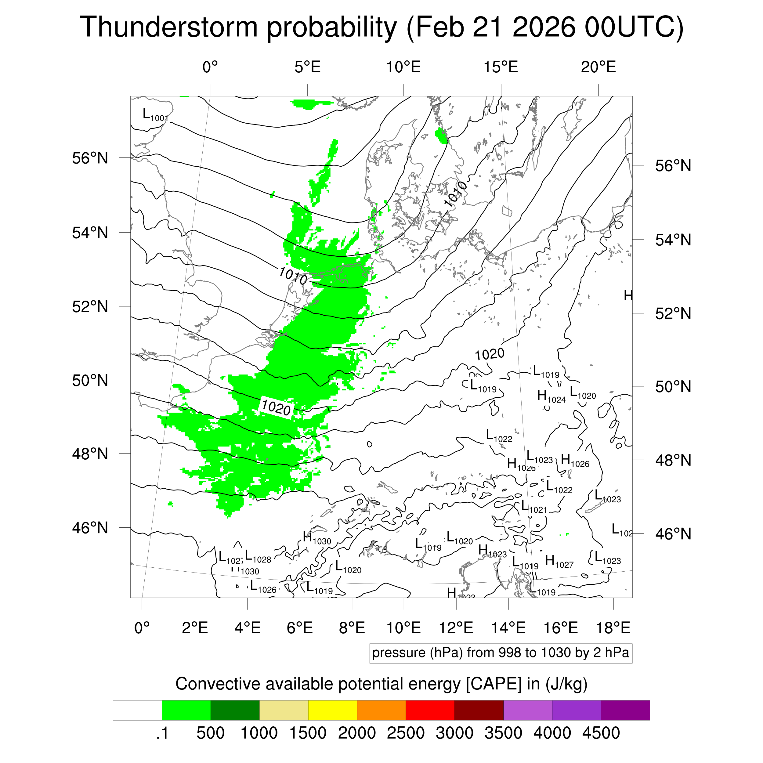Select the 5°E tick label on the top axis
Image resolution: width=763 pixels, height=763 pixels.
(x=307, y=67)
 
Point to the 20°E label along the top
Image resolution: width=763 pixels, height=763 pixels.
(x=598, y=67)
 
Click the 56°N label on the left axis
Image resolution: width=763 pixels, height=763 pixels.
(x=90, y=158)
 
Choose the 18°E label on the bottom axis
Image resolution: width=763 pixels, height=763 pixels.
(x=613, y=627)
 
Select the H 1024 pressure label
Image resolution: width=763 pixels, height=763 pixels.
(x=551, y=396)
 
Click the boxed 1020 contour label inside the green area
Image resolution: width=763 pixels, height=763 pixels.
(x=277, y=407)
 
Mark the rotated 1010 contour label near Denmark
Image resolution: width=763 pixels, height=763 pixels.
(x=455, y=194)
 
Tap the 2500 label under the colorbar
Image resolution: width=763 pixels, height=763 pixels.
(x=405, y=733)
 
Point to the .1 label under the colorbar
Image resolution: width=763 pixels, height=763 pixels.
(x=162, y=733)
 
